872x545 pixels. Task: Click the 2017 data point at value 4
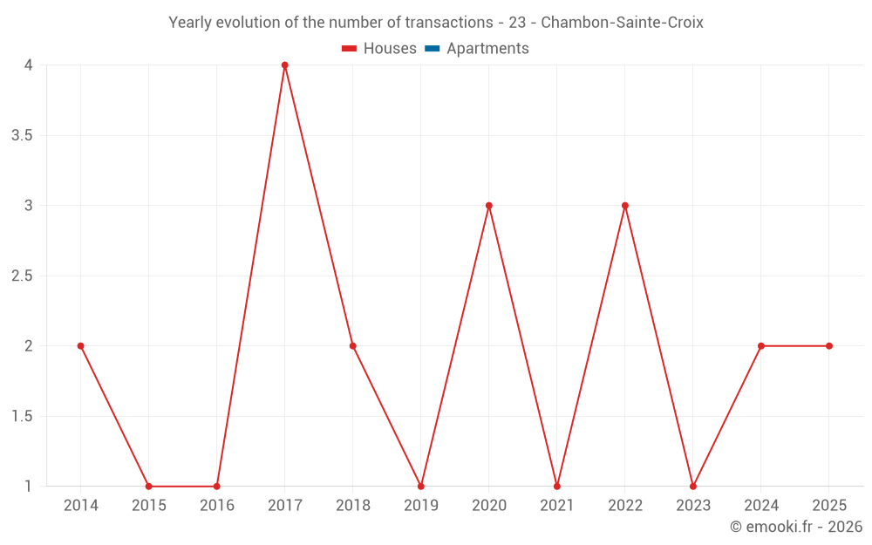pos(285,65)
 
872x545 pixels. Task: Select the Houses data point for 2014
pos(81,346)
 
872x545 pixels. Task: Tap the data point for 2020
pos(489,206)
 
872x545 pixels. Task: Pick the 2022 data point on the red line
pos(625,206)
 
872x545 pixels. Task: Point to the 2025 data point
pos(829,346)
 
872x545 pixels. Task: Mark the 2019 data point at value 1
pos(421,487)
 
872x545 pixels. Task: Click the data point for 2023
pos(693,487)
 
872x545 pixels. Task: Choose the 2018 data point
pos(353,346)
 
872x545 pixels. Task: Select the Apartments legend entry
pos(487,49)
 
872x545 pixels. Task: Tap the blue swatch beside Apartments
pos(433,49)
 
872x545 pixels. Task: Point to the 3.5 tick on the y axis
pos(23,136)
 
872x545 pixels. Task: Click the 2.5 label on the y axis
pos(23,276)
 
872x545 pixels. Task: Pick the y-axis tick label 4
pos(29,65)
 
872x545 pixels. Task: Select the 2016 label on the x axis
pos(217,506)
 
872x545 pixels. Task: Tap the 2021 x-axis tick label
pos(557,506)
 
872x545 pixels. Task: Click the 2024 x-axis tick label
pos(761,506)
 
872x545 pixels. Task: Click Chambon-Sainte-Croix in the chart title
pos(622,23)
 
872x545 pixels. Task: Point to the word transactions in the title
pos(449,23)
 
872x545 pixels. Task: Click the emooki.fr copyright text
pos(796,527)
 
